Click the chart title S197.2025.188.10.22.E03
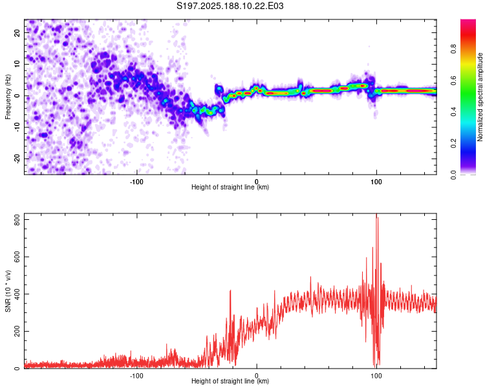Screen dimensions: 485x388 [230, 6]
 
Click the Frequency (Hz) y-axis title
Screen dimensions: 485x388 [8, 97]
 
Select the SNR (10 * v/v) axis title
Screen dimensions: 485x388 [8, 291]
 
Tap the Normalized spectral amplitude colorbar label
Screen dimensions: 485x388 [480, 97]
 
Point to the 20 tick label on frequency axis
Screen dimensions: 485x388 [17, 32]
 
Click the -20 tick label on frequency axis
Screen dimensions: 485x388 [17, 159]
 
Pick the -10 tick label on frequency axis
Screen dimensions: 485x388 [17, 127]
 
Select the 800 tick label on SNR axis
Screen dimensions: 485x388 [17, 219]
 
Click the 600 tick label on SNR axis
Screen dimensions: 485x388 [17, 257]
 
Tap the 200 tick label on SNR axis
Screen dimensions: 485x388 [17, 331]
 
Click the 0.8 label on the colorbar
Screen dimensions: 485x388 [453, 49]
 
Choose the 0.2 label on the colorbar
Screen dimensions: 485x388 [453, 144]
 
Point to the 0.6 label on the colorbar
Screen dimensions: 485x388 [453, 80]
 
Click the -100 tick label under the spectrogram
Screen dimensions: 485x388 [136, 182]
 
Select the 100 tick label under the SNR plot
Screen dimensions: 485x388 [376, 376]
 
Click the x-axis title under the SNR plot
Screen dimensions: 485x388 [230, 381]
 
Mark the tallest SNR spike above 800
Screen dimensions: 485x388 [376, 214]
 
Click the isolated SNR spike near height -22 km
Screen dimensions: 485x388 [230, 291]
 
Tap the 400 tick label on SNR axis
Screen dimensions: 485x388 [17, 294]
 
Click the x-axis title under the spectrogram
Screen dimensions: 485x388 [230, 187]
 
